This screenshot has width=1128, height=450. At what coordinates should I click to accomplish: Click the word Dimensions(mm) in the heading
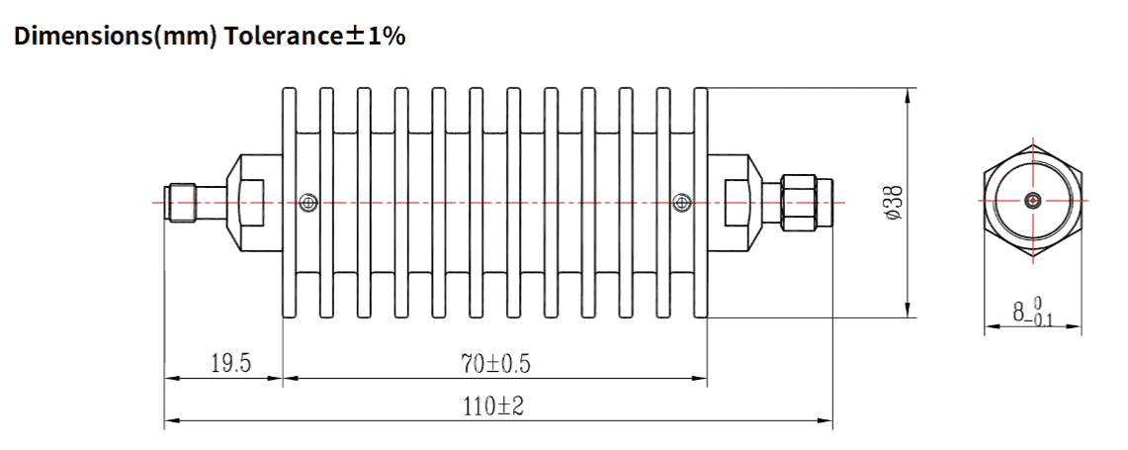coord(112,38)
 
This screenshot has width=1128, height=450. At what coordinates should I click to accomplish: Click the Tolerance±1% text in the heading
coord(311,38)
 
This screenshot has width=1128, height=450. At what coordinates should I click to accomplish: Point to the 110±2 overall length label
coord(495,406)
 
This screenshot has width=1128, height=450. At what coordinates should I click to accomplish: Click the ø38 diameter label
coord(892,202)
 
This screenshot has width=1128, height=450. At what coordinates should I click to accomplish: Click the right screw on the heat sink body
coord(680,203)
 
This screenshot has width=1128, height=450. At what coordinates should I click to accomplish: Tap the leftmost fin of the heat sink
coord(290,203)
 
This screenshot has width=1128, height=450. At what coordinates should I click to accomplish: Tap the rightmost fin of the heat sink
coord(701,203)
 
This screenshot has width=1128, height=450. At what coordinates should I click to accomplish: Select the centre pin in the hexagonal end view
coord(1033,201)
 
